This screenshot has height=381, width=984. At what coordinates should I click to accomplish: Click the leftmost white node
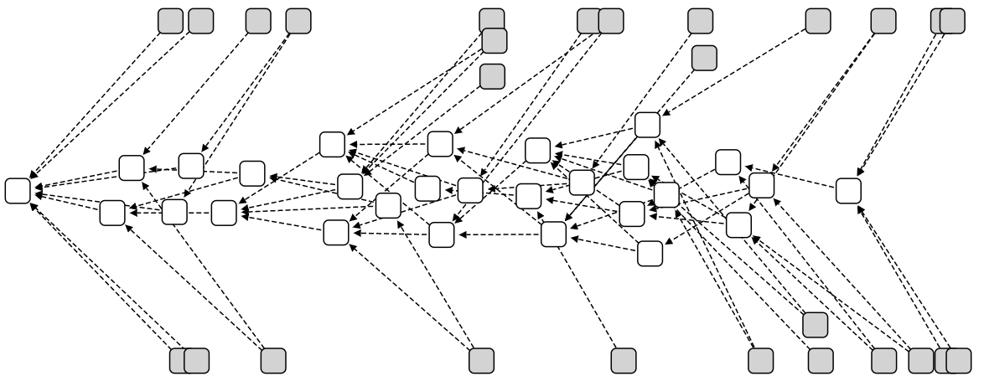[18, 190]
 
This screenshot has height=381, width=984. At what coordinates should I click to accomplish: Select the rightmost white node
[848, 190]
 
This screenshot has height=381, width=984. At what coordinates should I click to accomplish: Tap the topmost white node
[647, 125]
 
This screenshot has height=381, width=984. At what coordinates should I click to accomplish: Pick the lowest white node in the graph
[650, 253]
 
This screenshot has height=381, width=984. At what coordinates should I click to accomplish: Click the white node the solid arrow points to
[553, 234]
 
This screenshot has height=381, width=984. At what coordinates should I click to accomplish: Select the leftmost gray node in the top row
[171, 21]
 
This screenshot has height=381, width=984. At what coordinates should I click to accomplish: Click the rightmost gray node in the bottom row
[958, 360]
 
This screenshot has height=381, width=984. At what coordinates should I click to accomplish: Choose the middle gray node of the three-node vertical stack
[495, 40]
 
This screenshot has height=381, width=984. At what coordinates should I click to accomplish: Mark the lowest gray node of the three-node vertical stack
[492, 76]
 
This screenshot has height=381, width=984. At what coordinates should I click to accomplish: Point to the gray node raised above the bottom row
[815, 324]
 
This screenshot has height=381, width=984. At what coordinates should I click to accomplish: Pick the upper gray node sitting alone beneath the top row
[704, 58]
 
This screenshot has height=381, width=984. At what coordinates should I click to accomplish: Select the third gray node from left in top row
[259, 21]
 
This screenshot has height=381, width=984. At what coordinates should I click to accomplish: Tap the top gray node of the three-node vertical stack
[492, 21]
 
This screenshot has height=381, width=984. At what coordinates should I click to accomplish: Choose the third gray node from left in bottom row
[273, 360]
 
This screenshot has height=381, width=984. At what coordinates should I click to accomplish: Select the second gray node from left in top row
[200, 21]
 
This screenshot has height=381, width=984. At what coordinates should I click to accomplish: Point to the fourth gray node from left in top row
[298, 21]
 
